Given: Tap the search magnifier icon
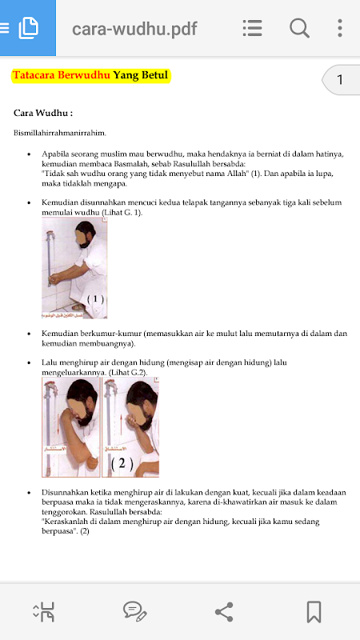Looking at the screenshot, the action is point(299,28).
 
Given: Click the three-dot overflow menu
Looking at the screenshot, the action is point(339,28).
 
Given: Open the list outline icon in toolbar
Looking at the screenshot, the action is point(252,28).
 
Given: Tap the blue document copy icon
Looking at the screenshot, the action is point(28,28).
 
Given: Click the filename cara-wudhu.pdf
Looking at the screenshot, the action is point(134,29).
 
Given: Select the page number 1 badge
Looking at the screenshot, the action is point(340,79).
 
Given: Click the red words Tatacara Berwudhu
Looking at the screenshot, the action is point(62,75).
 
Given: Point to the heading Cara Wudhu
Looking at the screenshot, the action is point(43,113).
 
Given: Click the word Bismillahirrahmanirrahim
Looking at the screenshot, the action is point(59,133).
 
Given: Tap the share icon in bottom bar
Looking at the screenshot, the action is point(224,612).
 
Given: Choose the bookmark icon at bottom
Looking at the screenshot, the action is point(314,612).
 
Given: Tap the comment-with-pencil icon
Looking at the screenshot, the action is point(134,612).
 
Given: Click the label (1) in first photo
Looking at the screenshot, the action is point(95,299).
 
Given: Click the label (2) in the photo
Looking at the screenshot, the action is point(122,464).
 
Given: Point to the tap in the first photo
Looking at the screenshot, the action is point(51,235).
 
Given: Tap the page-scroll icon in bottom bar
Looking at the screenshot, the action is point(44,612).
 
